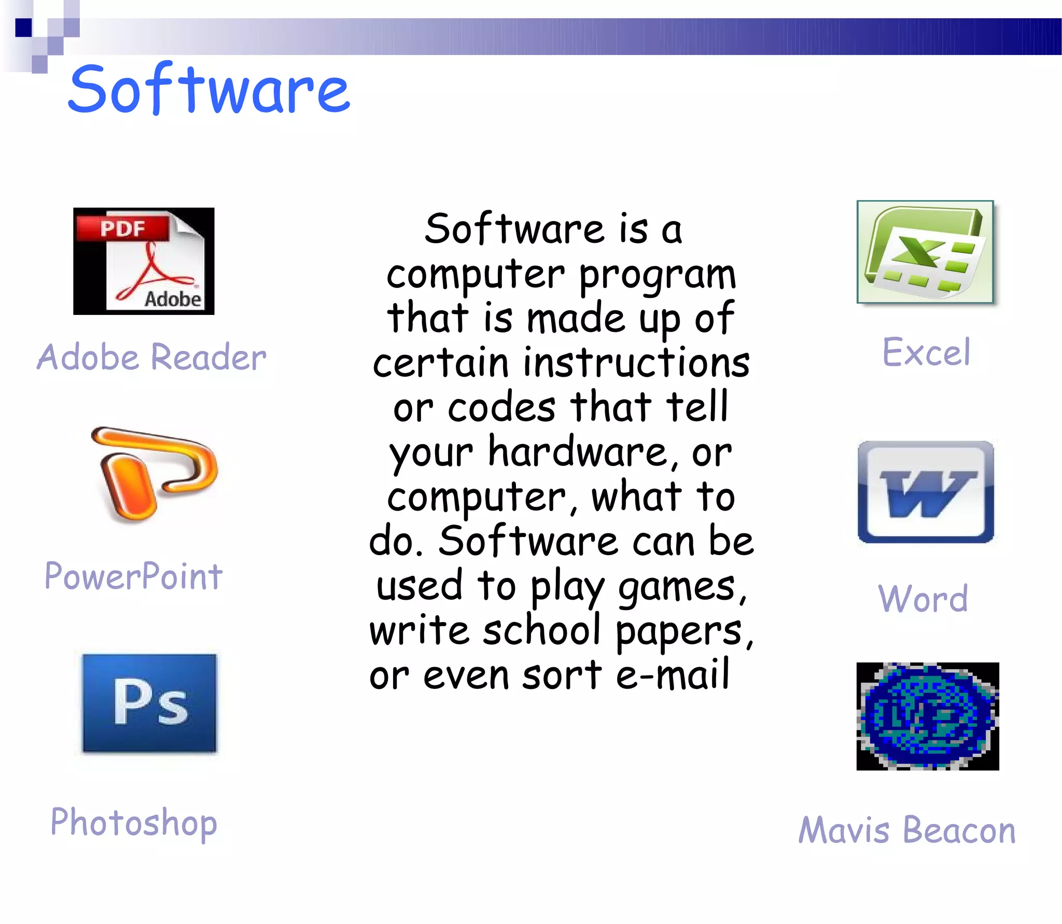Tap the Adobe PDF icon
click(144, 261)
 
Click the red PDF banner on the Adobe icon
click(123, 228)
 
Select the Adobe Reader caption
click(151, 357)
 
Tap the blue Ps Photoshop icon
click(149, 703)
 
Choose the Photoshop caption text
click(134, 823)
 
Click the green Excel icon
click(925, 252)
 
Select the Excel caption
click(926, 352)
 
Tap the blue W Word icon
click(926, 492)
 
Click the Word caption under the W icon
click(923, 599)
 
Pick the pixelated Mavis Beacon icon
click(927, 716)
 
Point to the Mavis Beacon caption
click(907, 830)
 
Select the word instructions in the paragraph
click(636, 363)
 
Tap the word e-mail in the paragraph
click(673, 675)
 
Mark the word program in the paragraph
click(657, 275)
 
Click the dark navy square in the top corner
click(24, 27)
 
